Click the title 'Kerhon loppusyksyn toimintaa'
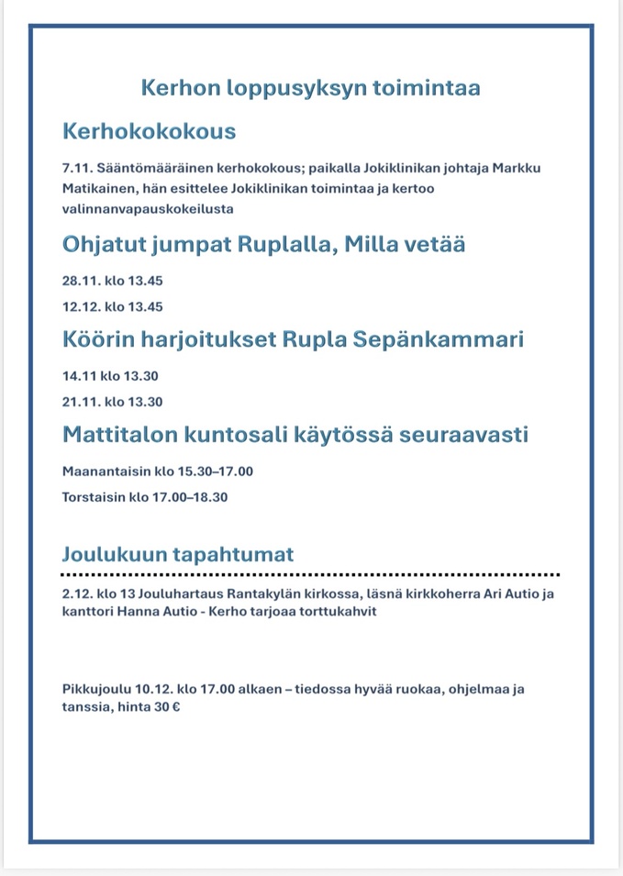311,88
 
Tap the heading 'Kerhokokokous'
149,131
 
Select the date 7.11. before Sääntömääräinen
78,170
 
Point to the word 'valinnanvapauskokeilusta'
148,208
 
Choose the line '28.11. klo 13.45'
112,281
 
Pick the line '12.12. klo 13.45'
112,306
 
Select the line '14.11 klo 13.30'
112,376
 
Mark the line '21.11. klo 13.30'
112,402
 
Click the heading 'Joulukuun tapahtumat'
178,555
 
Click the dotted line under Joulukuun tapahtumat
311,573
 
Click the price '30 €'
166,708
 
